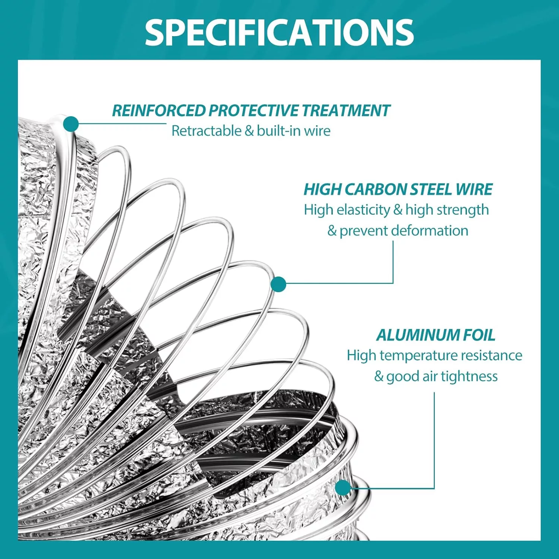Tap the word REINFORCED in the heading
[x=159, y=111]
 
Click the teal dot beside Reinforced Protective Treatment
[x=71, y=124]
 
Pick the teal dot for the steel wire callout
[x=278, y=284]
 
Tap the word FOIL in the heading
[x=479, y=335]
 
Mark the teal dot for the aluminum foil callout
[x=343, y=487]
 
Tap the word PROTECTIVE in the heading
[x=254, y=111]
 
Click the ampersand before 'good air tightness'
[x=379, y=376]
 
